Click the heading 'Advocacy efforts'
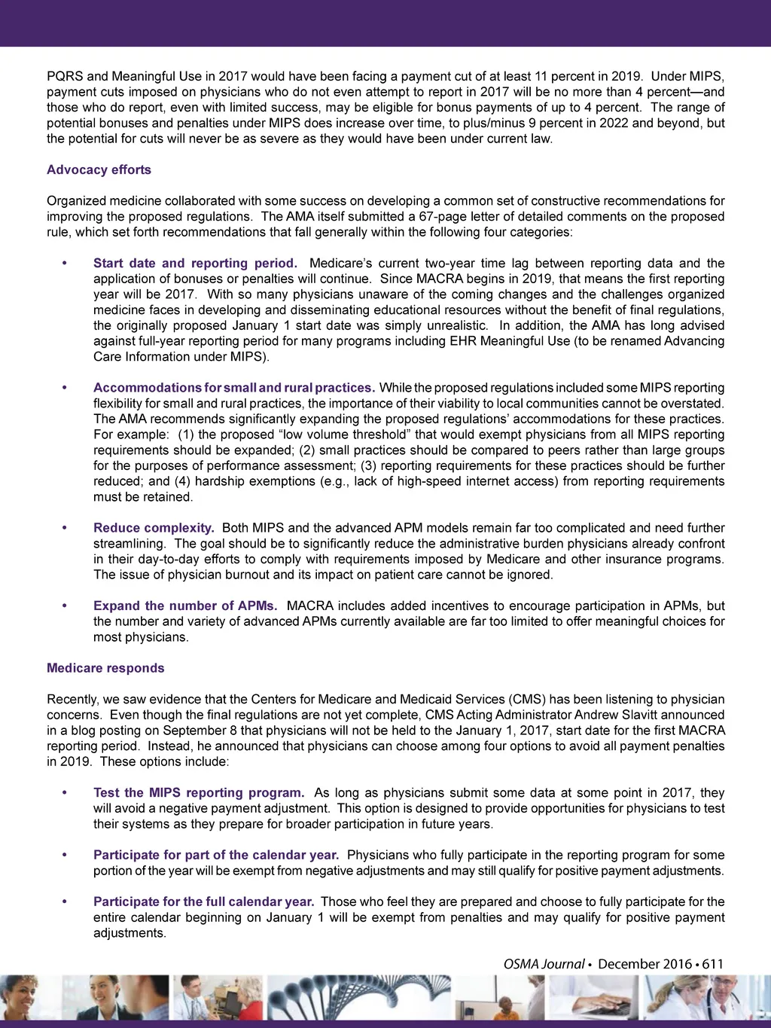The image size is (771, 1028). tap(99, 170)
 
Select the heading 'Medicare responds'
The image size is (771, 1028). tap(105, 668)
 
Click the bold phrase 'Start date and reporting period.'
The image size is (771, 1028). tap(195, 264)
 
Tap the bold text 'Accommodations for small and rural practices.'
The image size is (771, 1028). tap(233, 388)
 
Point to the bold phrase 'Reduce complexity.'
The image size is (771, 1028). tap(154, 528)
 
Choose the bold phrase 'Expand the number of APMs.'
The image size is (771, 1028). tap(185, 606)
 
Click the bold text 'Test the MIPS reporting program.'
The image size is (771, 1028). tap(199, 793)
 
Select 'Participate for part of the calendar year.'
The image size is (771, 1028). tap(216, 856)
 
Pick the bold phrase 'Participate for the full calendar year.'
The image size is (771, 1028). tap(203, 902)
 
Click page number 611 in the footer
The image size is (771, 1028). tap(712, 964)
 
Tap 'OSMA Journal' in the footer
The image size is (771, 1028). tap(544, 964)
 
